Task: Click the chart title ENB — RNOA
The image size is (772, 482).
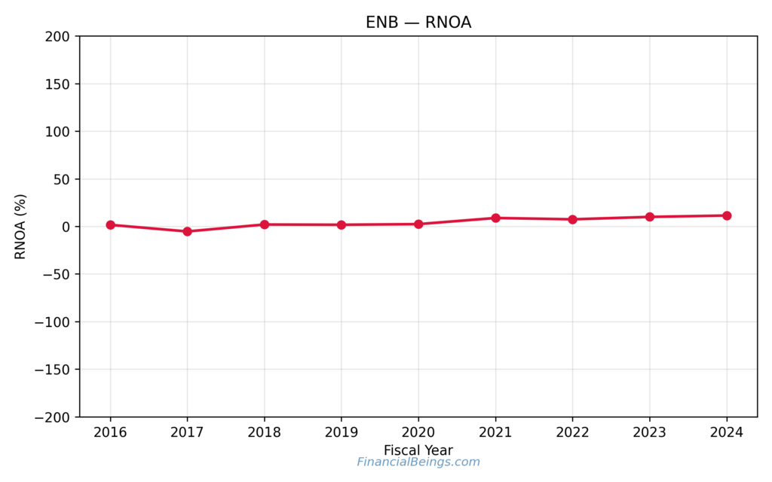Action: click(x=418, y=23)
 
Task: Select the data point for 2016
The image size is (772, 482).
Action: click(x=111, y=224)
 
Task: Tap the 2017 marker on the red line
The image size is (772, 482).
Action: click(x=188, y=231)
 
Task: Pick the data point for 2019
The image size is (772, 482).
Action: click(x=342, y=224)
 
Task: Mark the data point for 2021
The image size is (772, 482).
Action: click(x=495, y=218)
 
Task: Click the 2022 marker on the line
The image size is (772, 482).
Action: click(x=572, y=219)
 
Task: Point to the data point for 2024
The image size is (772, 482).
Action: click(x=727, y=215)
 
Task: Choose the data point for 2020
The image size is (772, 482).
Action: click(x=418, y=224)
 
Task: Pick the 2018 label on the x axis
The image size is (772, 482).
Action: click(x=265, y=432)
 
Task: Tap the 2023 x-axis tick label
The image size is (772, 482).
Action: click(x=649, y=432)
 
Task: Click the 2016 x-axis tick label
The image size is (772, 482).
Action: click(x=111, y=432)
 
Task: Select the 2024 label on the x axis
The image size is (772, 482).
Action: click(x=727, y=432)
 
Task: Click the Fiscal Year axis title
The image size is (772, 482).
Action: click(x=418, y=450)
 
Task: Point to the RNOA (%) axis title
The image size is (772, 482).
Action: click(x=21, y=227)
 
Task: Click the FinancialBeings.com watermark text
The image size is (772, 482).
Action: click(x=418, y=462)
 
